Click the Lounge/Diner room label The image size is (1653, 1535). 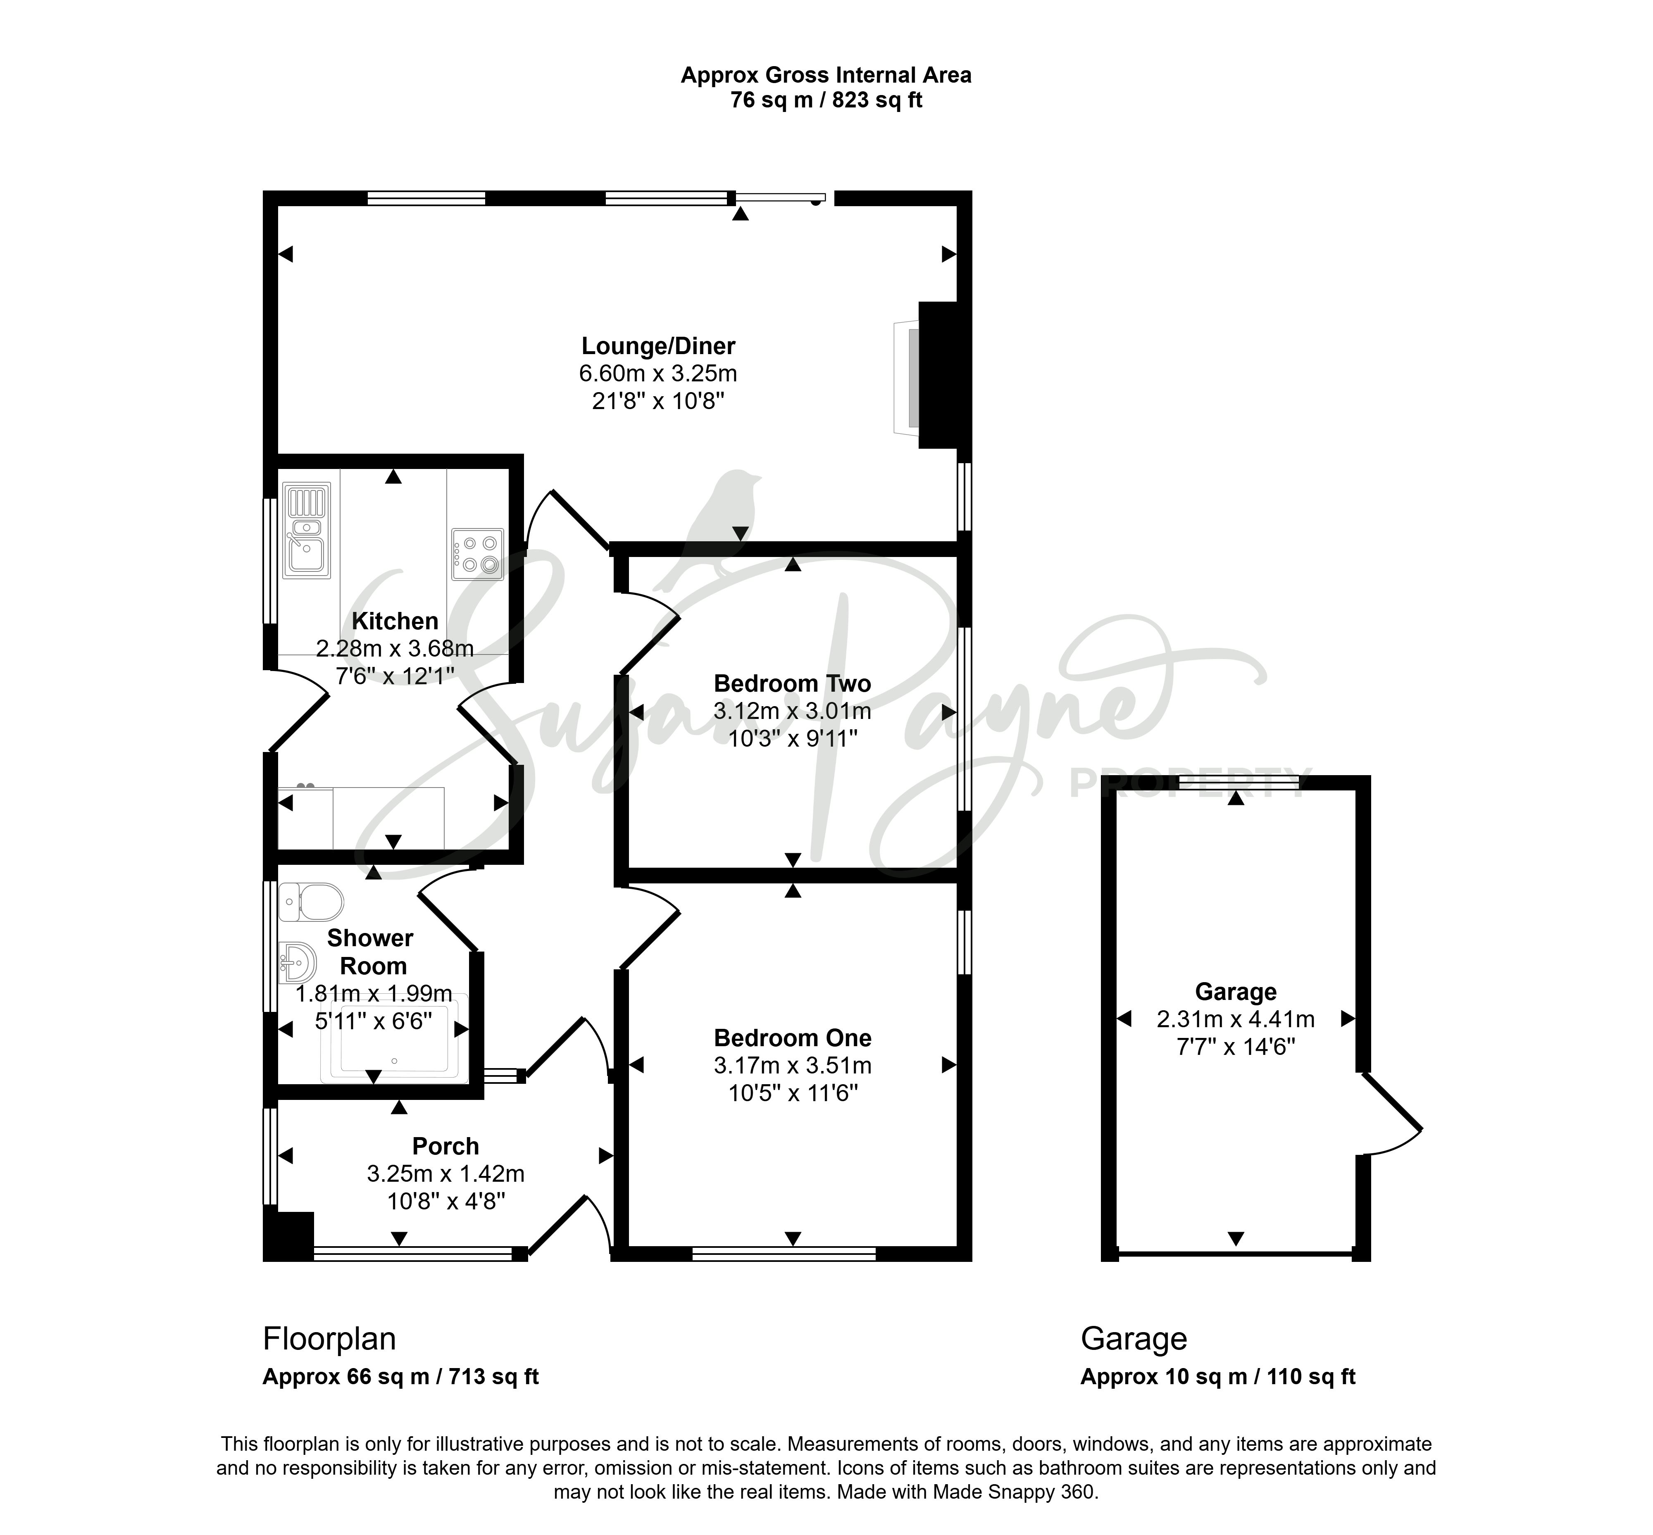[658, 345]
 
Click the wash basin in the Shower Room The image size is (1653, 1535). [298, 963]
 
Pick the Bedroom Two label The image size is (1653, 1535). [793, 683]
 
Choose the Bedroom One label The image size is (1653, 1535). [793, 1038]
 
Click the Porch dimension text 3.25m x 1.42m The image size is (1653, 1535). [446, 1174]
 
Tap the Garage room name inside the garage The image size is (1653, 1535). [1235, 992]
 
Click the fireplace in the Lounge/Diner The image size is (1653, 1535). [931, 376]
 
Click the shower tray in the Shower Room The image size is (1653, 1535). [395, 1037]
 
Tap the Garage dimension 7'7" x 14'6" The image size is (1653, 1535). [1235, 1047]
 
